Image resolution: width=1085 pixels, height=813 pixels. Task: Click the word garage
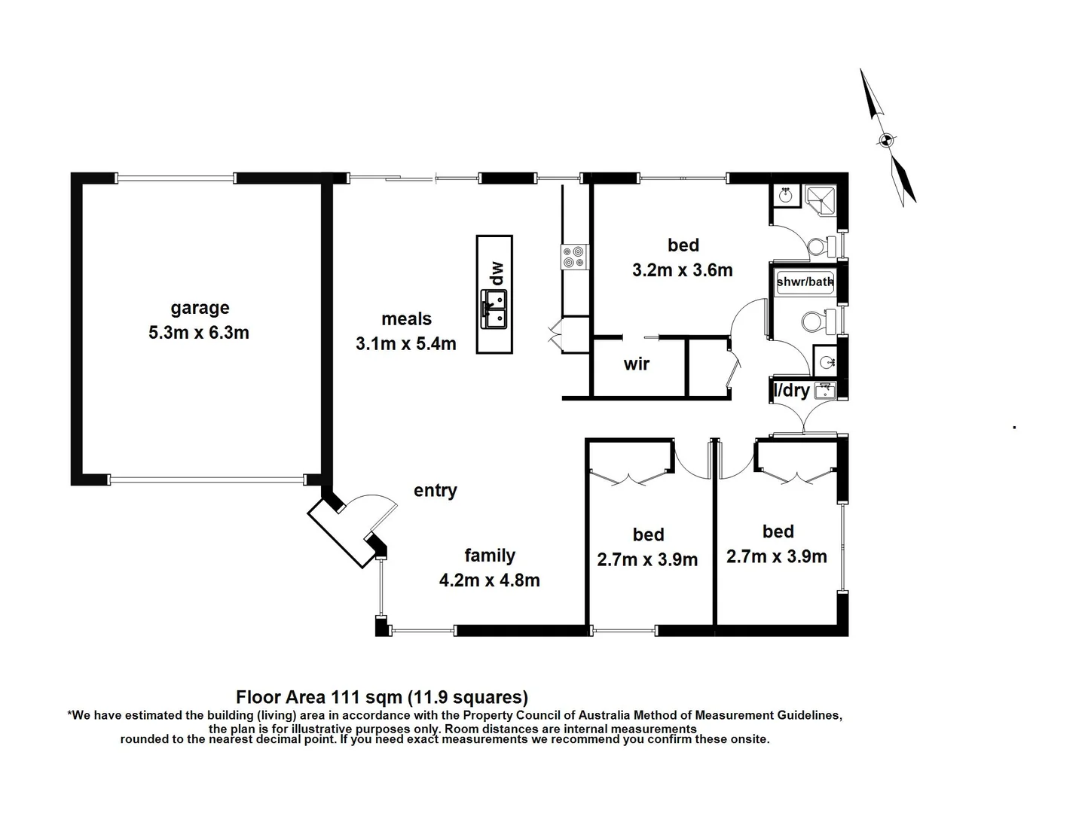200,308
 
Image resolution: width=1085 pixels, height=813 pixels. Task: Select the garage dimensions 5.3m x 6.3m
199,333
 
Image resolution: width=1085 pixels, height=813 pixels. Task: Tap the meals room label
406,319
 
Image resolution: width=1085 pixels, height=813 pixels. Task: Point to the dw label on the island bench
495,273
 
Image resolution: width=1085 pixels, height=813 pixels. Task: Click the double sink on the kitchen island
494,310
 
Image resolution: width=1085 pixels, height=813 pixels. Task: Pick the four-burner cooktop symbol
573,257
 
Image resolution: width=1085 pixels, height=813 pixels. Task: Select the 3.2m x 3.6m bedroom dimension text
682,270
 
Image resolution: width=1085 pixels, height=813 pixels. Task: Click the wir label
637,364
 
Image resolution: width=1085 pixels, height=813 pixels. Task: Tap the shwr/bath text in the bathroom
805,282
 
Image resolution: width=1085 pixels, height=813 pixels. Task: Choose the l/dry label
792,391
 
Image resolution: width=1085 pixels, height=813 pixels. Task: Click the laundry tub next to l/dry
825,390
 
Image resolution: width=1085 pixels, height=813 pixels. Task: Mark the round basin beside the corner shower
786,196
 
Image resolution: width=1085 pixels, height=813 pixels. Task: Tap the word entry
435,491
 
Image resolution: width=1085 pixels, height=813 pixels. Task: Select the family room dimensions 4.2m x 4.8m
489,580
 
